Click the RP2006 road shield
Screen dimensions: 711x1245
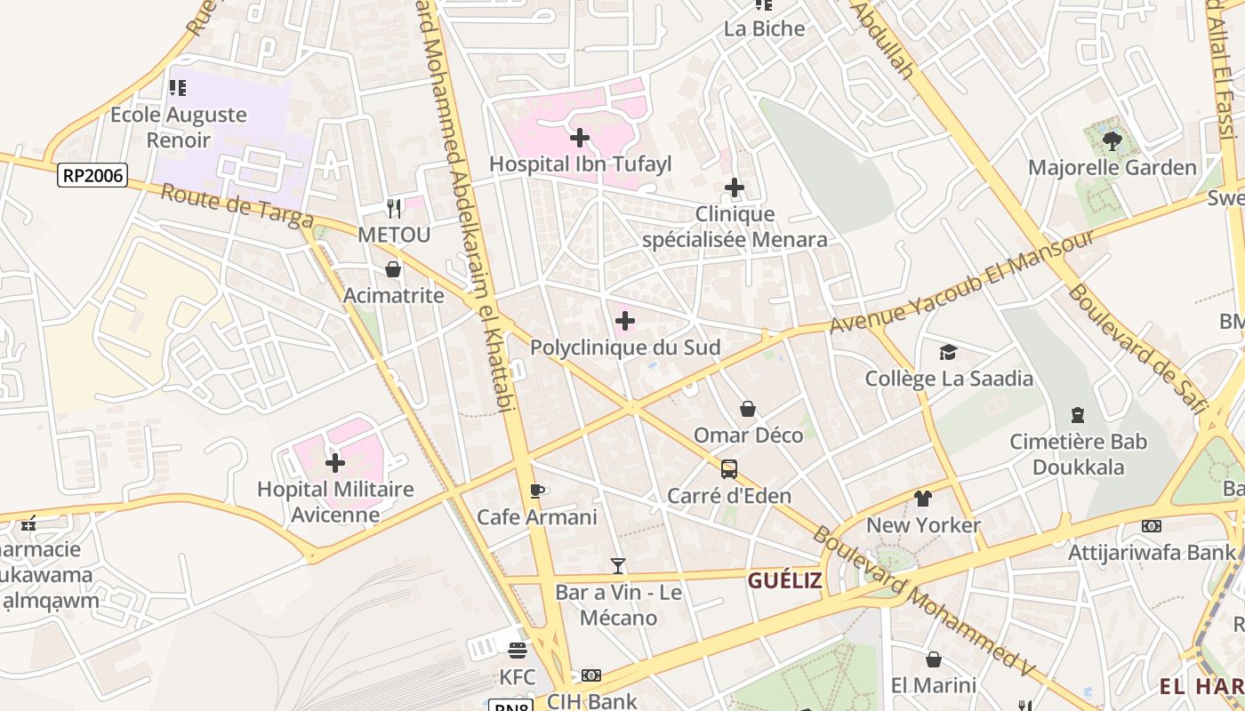(x=92, y=175)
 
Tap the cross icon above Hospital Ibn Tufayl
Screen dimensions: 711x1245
(x=580, y=138)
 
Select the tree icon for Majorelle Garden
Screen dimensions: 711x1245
(x=1112, y=140)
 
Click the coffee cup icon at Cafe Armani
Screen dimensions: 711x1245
(x=536, y=491)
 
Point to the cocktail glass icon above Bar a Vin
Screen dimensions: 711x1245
(x=618, y=565)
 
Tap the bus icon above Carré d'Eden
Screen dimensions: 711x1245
(x=729, y=468)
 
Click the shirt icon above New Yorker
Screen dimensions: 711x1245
(x=923, y=499)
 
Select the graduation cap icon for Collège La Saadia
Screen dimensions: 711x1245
(x=949, y=352)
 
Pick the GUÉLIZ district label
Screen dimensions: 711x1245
(x=785, y=581)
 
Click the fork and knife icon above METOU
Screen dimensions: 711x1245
(x=394, y=208)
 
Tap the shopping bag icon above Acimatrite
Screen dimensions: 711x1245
(x=393, y=268)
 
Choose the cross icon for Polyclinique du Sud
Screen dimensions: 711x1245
(x=625, y=320)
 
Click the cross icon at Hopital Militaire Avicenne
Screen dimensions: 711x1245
(x=335, y=462)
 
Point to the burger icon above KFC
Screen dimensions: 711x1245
(x=518, y=651)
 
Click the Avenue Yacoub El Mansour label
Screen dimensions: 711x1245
(x=960, y=282)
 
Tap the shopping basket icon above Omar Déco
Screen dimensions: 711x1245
(x=748, y=409)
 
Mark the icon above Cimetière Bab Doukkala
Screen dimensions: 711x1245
(x=1078, y=415)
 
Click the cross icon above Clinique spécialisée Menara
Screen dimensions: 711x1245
(x=735, y=188)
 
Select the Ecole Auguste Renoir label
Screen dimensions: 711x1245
(x=179, y=127)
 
